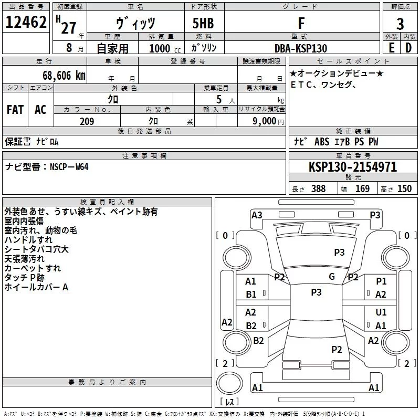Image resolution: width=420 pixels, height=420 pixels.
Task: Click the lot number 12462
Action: point(26,23)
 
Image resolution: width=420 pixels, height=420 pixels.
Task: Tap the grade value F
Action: point(300,23)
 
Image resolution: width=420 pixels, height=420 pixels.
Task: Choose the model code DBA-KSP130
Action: point(300,48)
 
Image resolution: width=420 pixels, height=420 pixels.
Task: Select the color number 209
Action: point(87,121)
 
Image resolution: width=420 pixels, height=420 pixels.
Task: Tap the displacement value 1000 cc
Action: point(161,48)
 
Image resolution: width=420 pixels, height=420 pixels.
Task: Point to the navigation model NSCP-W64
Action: point(69,167)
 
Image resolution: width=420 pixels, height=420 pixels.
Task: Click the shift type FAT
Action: point(15,110)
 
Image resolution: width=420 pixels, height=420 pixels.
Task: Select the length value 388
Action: point(318,189)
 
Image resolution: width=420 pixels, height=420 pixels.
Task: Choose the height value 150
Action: point(404,189)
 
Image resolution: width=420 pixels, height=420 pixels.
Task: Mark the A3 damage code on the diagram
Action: point(257,215)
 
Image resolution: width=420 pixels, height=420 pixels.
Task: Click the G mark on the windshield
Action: point(332,277)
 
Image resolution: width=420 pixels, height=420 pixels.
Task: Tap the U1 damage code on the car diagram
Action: point(381,312)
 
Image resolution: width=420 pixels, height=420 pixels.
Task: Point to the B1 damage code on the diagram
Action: point(251,295)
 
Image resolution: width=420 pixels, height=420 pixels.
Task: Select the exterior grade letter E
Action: point(391,48)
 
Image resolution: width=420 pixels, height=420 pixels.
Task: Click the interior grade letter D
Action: point(408,48)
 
